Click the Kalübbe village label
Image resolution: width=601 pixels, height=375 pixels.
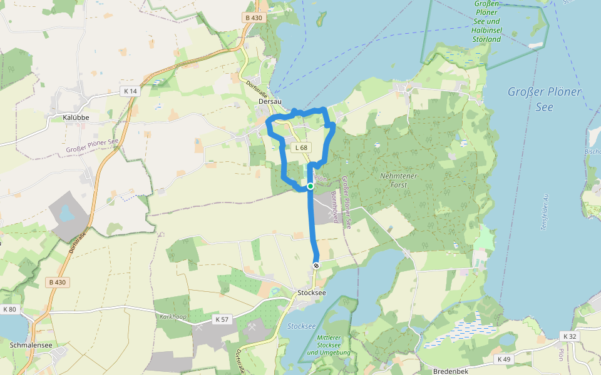pyautogui.click(x=76, y=117)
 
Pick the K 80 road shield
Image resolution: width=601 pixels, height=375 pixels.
pyautogui.click(x=10, y=309)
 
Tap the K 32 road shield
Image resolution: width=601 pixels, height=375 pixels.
pyautogui.click(x=569, y=336)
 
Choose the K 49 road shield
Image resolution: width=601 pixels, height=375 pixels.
pyautogui.click(x=504, y=359)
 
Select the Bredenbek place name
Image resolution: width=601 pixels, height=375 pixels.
pyautogui.click(x=451, y=371)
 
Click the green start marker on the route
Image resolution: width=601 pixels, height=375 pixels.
pyautogui.click(x=311, y=186)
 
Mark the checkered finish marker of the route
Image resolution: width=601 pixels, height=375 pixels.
pyautogui.click(x=316, y=266)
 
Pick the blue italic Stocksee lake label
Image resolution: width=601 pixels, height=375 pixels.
pyautogui.click(x=301, y=326)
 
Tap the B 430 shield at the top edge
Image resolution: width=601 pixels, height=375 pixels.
pyautogui.click(x=254, y=17)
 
